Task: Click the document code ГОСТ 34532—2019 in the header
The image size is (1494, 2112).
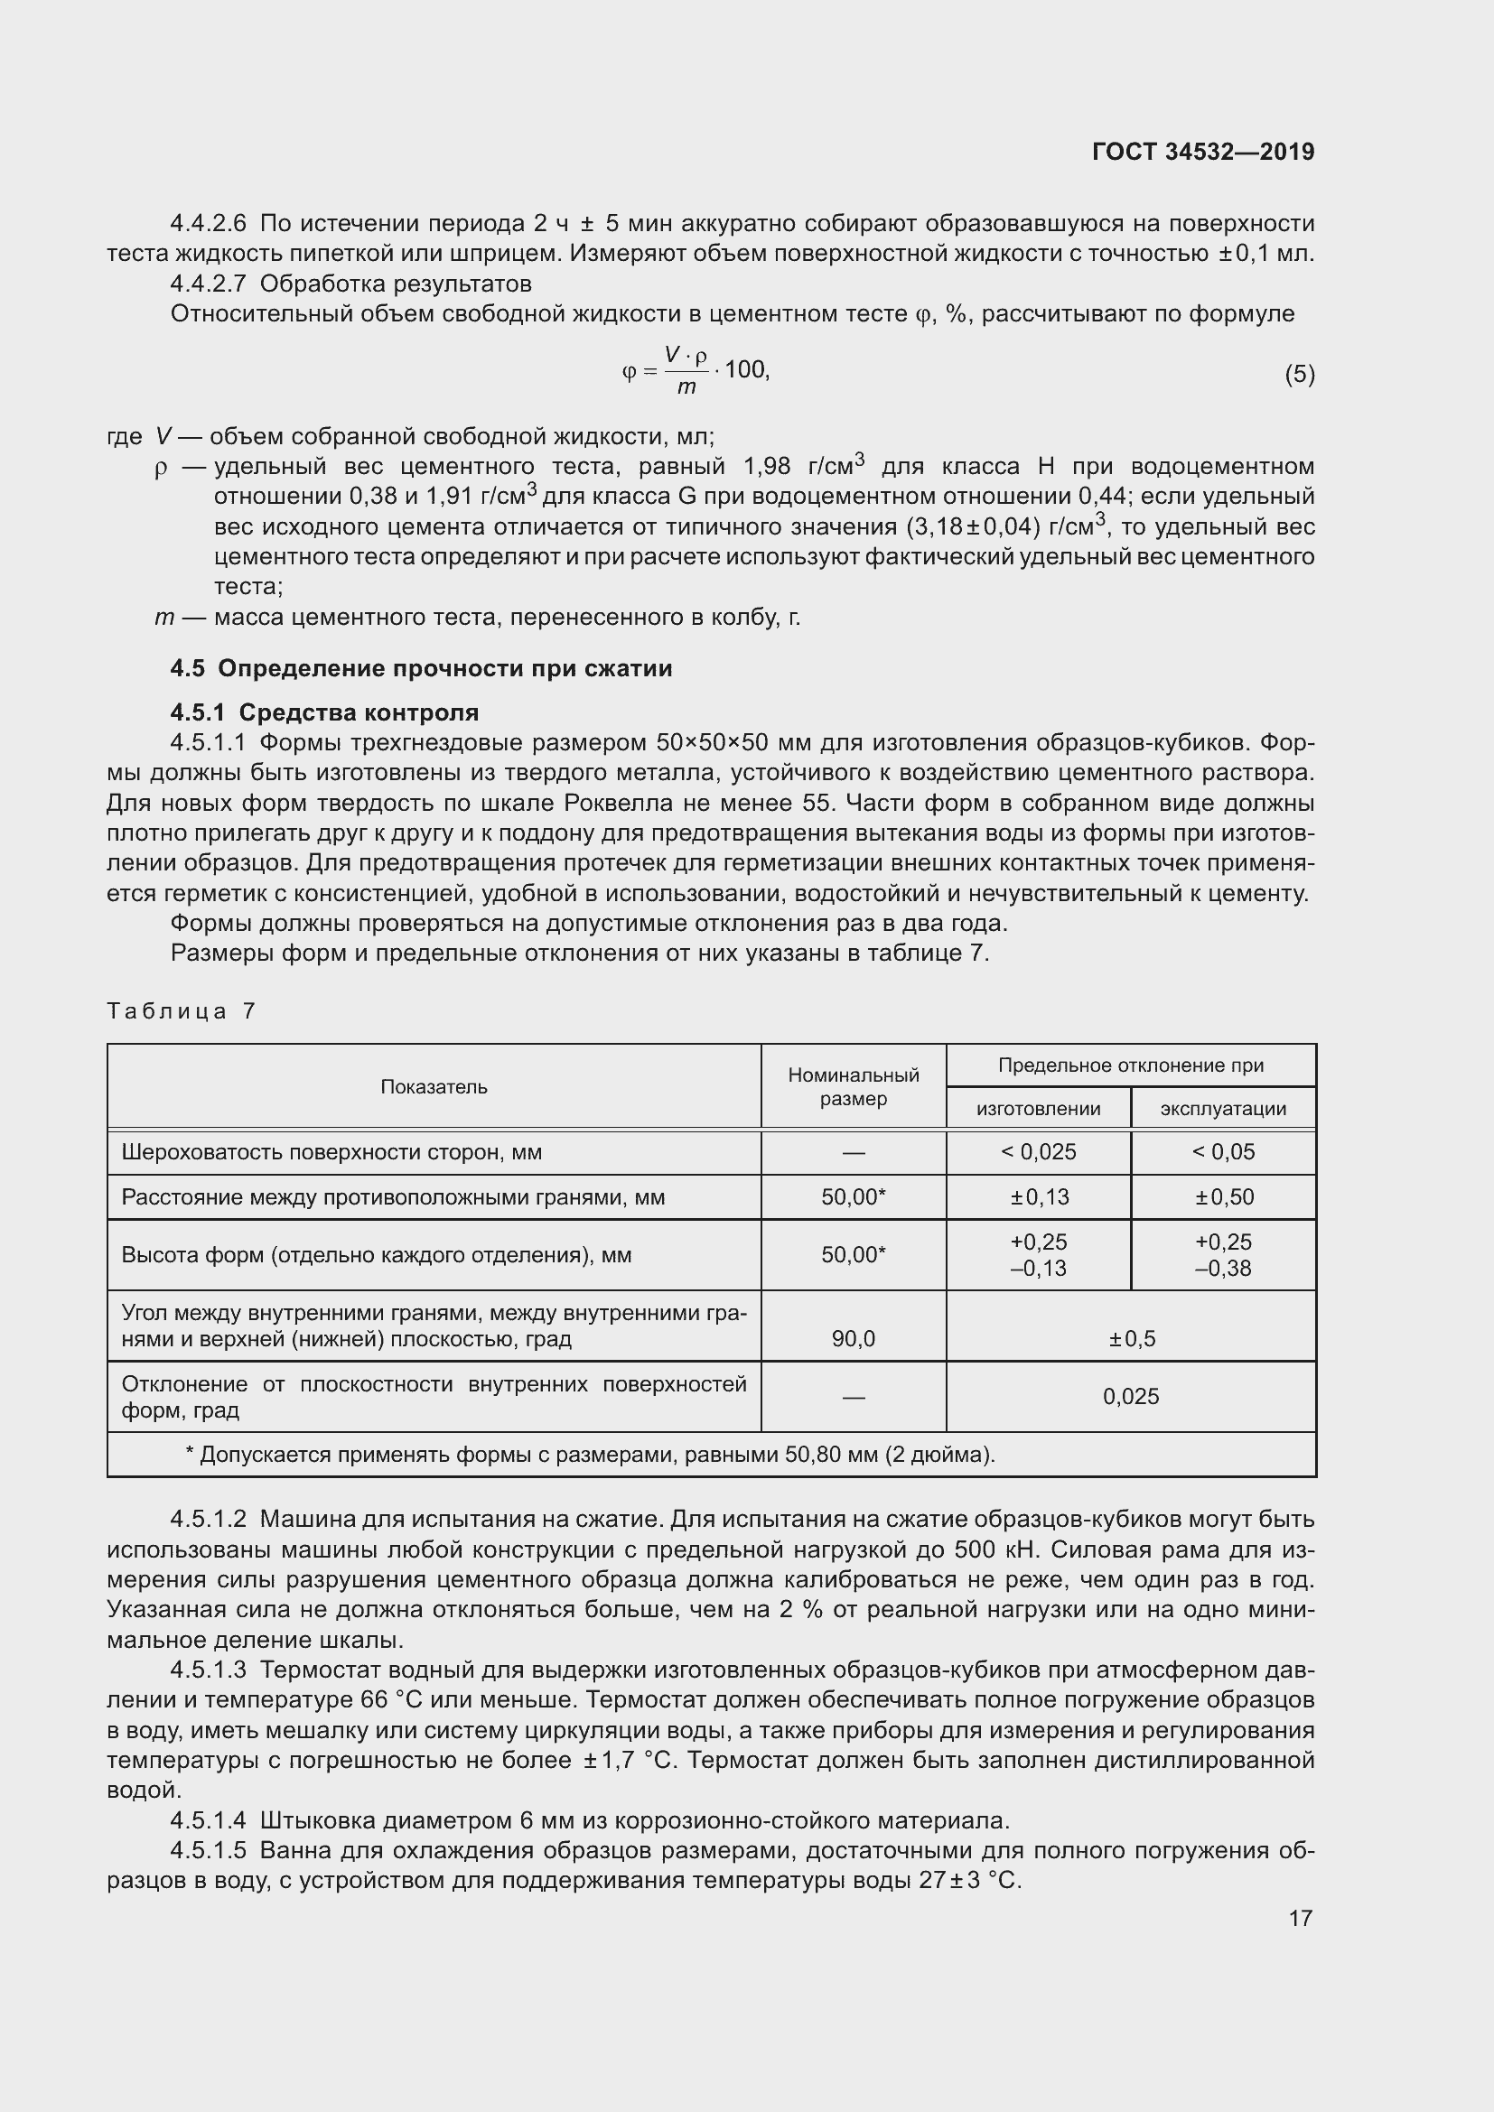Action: [x=1202, y=152]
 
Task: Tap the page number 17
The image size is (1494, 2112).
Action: [x=1300, y=1918]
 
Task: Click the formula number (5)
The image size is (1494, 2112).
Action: [x=1299, y=375]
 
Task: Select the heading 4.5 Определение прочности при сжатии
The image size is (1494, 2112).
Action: [x=421, y=669]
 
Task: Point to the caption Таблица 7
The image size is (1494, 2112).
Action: [x=182, y=1011]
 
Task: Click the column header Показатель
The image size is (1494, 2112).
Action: [x=434, y=1086]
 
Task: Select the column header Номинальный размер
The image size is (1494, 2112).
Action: [x=853, y=1086]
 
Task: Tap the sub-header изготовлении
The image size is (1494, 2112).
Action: [x=1038, y=1109]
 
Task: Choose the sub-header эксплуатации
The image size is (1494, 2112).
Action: [x=1223, y=1109]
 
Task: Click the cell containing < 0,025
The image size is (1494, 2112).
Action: [x=1038, y=1151]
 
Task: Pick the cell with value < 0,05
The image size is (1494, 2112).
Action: [x=1223, y=1151]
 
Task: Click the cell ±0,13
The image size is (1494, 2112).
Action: [x=1038, y=1196]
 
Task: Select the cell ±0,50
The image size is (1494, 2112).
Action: [x=1223, y=1196]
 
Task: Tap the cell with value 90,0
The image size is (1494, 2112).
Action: [x=853, y=1338]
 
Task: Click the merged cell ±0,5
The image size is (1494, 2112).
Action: [x=1131, y=1338]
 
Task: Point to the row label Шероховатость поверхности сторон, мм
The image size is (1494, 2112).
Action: [x=331, y=1151]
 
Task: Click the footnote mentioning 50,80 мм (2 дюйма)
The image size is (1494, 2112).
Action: [x=590, y=1455]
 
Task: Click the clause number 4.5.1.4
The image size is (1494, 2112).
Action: [x=209, y=1820]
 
